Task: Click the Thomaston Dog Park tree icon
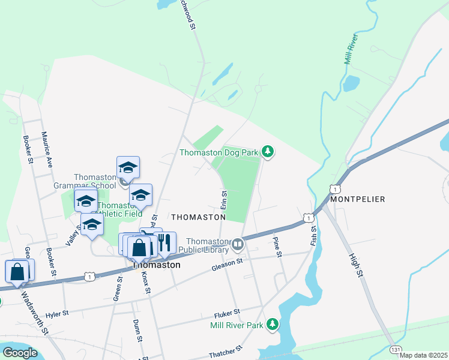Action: point(268,152)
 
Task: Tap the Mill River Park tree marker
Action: point(273,325)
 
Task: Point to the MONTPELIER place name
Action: point(357,199)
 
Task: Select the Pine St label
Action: point(278,247)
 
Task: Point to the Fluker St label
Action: point(227,313)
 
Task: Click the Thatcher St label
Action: point(225,351)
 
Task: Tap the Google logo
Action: point(19,353)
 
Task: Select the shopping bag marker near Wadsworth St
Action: point(17,271)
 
